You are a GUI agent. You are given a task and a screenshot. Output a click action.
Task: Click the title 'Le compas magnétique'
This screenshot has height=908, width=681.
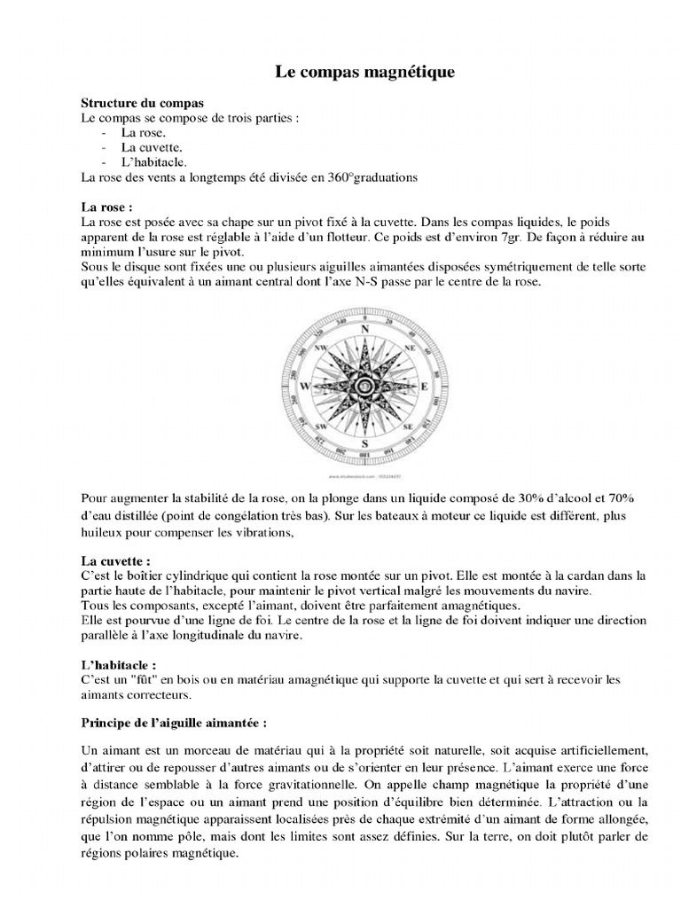(364, 73)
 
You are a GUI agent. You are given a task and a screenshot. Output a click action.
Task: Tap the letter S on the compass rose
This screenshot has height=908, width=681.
(364, 443)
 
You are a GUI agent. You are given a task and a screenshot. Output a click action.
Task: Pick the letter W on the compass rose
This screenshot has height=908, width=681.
(306, 387)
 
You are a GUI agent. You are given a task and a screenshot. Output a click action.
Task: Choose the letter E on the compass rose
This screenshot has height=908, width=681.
(423, 387)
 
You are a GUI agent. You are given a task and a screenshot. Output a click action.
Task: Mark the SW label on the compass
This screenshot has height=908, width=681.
(322, 427)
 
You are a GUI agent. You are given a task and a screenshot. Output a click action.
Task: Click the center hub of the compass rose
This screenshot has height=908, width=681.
(364, 387)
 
